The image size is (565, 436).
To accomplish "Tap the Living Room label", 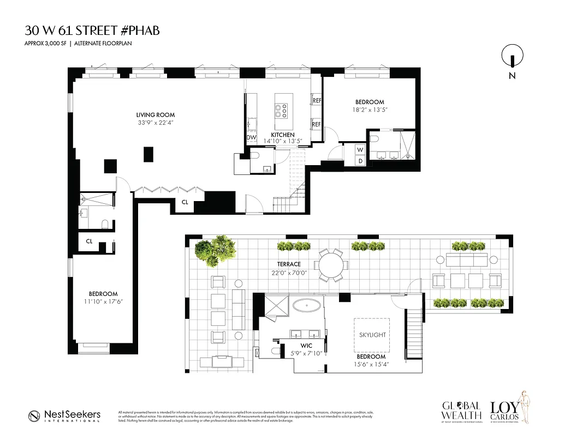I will click(x=156, y=115).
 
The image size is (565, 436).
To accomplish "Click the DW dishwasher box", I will click(x=251, y=138).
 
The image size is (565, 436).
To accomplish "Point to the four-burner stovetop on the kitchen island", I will click(x=282, y=111).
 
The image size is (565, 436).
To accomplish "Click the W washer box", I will click(x=360, y=149).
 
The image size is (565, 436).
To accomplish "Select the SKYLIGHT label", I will click(x=372, y=335).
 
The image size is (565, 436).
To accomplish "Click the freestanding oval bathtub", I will click(x=308, y=305).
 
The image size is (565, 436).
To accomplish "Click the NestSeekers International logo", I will click(x=65, y=416).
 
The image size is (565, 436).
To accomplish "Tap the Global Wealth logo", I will click(x=461, y=411).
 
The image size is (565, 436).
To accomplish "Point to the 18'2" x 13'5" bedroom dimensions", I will click(x=370, y=110).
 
